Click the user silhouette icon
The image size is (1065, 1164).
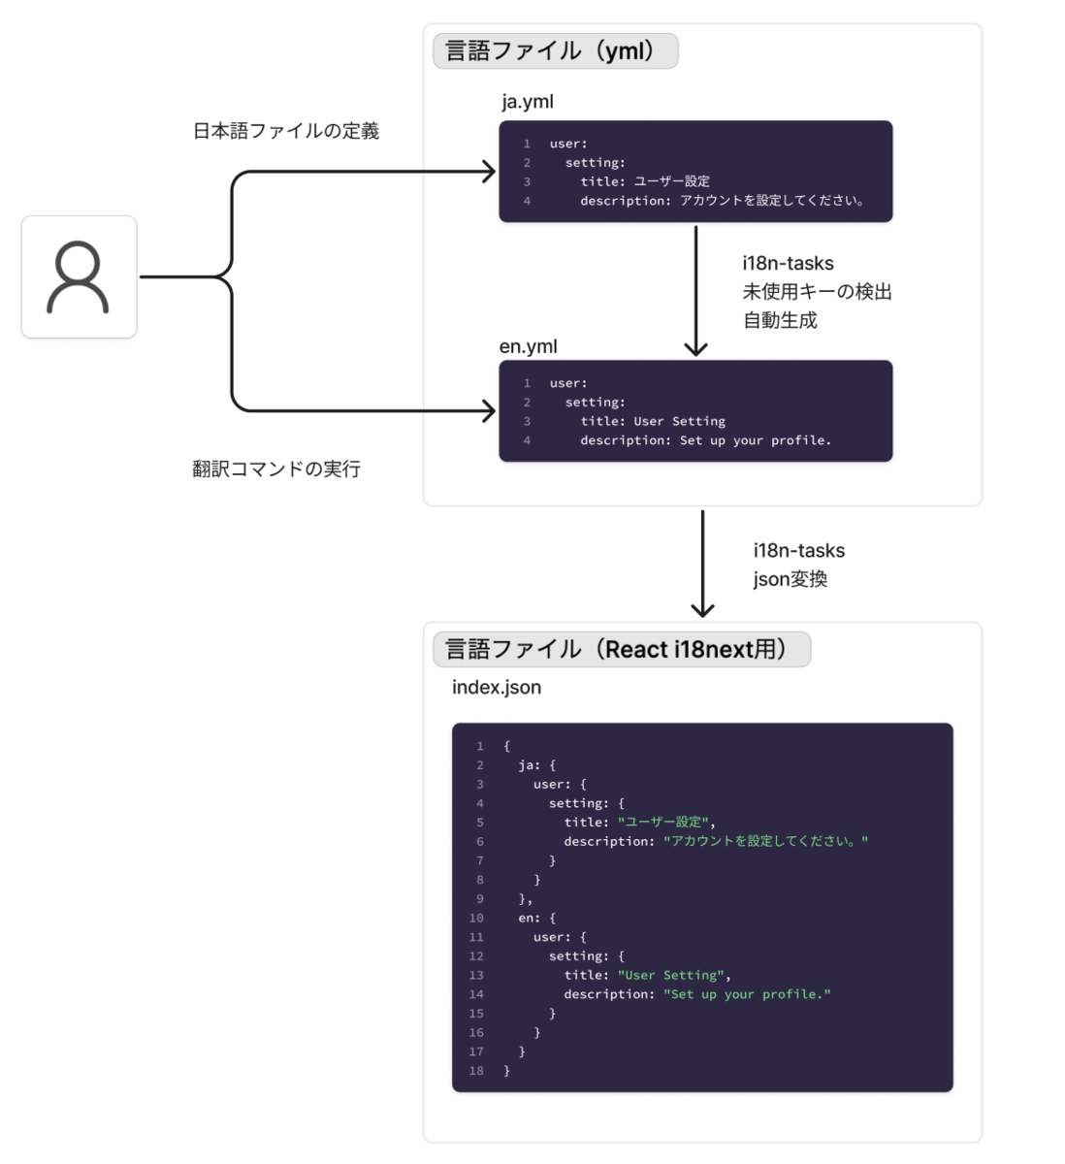79,277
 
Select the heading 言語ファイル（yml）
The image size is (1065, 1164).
555,50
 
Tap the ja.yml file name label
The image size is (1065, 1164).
528,102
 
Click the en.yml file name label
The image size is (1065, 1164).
528,346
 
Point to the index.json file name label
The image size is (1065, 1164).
497,688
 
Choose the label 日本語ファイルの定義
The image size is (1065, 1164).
286,131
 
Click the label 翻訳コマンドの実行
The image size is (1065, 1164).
276,469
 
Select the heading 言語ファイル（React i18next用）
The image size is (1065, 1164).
621,649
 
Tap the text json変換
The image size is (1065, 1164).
791,580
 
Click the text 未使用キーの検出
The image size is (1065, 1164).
817,292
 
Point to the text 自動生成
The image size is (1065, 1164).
780,320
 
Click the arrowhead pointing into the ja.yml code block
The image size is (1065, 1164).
489,172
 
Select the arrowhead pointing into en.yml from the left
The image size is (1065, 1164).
489,411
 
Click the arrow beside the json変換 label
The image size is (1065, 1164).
702,563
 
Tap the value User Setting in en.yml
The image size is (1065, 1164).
679,421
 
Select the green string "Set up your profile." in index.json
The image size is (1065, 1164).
747,994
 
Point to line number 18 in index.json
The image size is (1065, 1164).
476,1071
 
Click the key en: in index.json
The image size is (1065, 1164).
529,918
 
